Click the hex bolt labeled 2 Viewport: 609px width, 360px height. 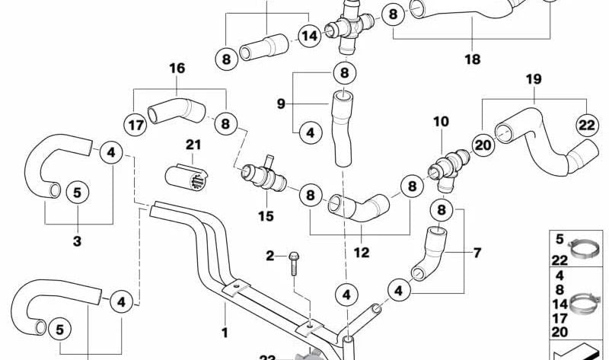click(294, 263)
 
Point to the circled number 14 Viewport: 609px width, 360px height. click(309, 36)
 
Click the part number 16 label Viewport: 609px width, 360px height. click(177, 68)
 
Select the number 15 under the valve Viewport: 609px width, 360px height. click(265, 217)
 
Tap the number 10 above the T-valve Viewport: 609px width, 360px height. click(442, 122)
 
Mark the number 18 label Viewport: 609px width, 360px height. click(472, 58)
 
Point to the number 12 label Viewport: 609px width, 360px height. click(362, 251)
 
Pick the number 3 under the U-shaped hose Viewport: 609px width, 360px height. click(77, 241)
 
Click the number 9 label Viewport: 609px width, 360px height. click(280, 103)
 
